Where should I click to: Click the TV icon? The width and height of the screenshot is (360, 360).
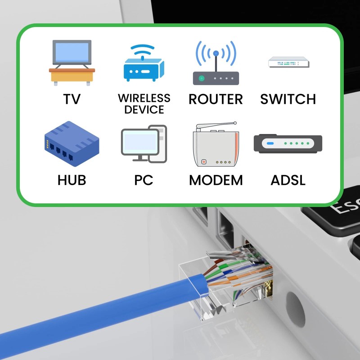(72, 62)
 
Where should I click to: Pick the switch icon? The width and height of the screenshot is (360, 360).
(288, 62)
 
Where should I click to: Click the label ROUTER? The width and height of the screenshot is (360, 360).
(216, 99)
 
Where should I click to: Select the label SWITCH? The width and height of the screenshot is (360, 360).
(288, 99)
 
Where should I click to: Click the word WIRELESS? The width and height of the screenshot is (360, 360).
(144, 98)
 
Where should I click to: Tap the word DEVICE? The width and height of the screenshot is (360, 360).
(144, 109)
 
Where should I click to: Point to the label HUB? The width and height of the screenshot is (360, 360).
(72, 180)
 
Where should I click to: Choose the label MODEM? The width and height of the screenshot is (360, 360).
(216, 180)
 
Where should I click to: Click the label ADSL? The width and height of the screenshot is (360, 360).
(288, 180)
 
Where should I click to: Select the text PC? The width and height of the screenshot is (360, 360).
(144, 180)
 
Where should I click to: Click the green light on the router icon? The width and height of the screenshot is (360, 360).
(202, 78)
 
